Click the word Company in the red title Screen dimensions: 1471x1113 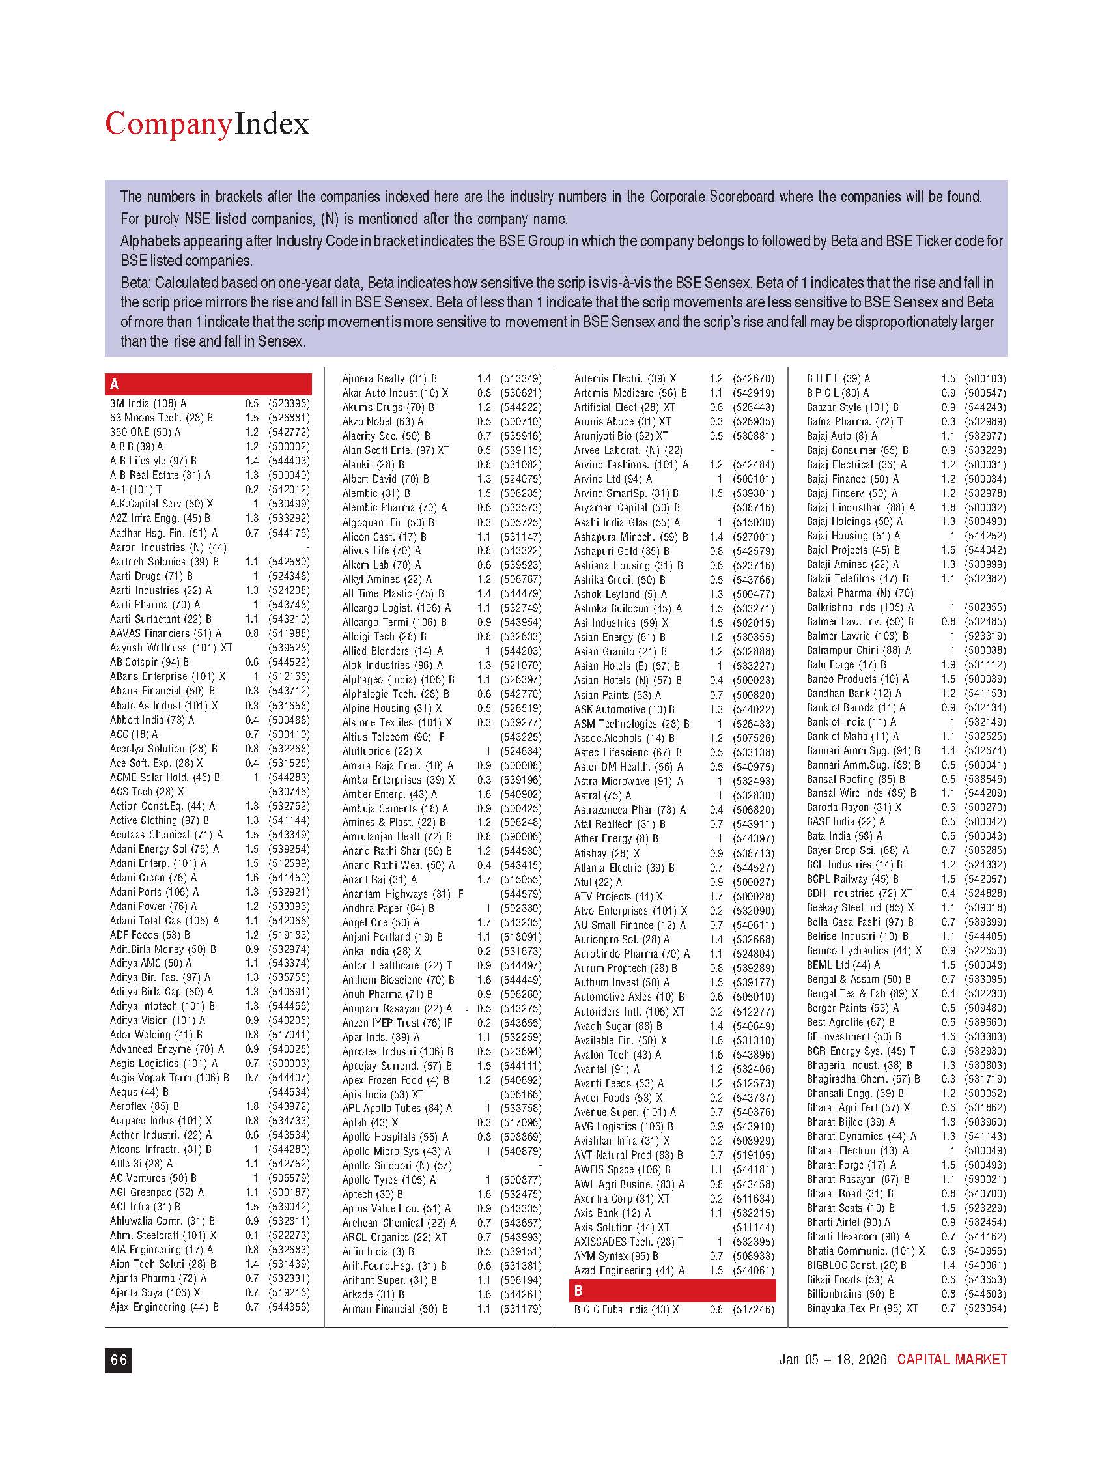(x=169, y=125)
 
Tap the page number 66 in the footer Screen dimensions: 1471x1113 (x=119, y=1360)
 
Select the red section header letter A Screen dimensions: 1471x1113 (x=115, y=384)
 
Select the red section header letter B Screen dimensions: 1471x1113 (x=578, y=1291)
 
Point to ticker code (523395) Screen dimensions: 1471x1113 (x=289, y=404)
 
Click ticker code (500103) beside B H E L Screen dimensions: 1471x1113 (x=986, y=378)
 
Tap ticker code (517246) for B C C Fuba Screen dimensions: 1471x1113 (x=754, y=1309)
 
